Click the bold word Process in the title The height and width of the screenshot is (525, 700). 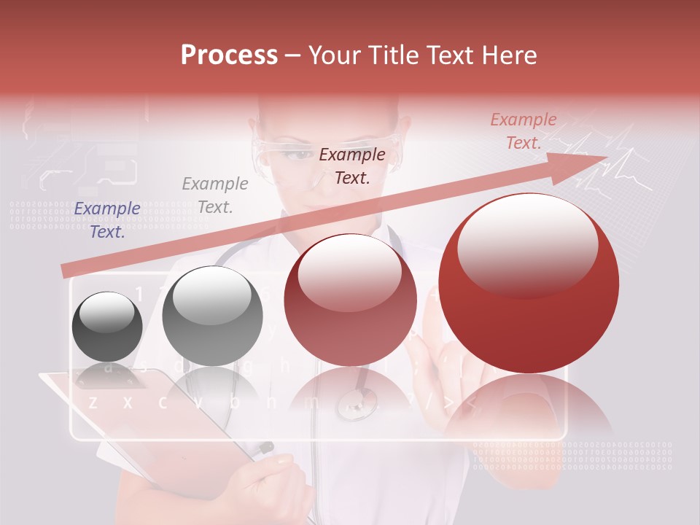(x=229, y=55)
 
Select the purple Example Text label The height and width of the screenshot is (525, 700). (x=107, y=219)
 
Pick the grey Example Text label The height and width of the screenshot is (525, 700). (x=215, y=195)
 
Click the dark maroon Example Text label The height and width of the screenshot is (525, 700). (x=352, y=166)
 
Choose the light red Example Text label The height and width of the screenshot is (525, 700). (x=523, y=131)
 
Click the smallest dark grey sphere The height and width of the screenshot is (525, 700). (x=107, y=326)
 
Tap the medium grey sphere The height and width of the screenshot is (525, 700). (x=212, y=316)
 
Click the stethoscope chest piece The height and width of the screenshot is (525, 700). (x=357, y=402)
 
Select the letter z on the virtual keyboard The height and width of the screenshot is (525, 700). (x=93, y=402)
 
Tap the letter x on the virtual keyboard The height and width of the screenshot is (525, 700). (x=128, y=402)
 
